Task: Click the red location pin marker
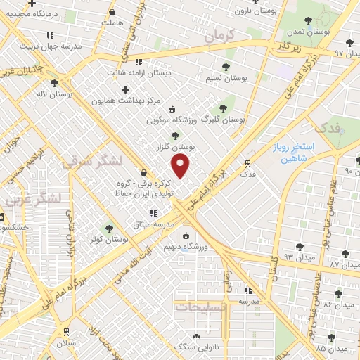click(x=181, y=166)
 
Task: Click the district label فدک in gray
click(x=328, y=128)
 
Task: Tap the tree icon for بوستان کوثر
click(x=109, y=229)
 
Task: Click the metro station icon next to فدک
click(x=247, y=162)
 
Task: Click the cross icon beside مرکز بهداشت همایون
click(x=126, y=89)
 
